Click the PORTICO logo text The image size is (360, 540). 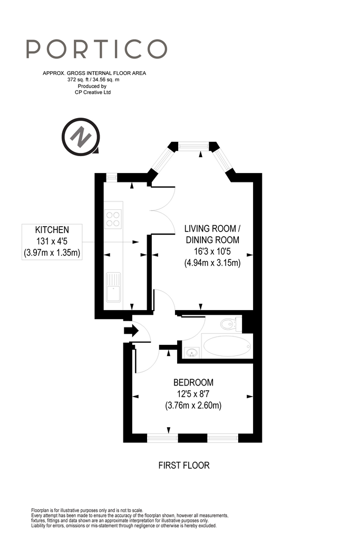(96, 49)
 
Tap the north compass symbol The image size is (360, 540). (81, 137)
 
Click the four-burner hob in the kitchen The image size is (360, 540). (113, 219)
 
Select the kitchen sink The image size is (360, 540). (113, 287)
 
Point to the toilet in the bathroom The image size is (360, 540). (231, 324)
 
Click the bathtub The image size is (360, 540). (227, 346)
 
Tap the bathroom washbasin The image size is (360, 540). (192, 352)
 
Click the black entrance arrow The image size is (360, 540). (131, 331)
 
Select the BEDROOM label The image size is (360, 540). (193, 382)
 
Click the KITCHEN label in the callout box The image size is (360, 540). (52, 230)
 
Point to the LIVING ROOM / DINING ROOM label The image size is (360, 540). (212, 234)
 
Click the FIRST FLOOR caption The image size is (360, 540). (184, 465)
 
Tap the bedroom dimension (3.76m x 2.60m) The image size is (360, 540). (193, 406)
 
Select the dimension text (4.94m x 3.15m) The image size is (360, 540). (212, 263)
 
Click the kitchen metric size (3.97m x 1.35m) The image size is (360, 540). (52, 253)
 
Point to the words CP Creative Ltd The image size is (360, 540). (93, 92)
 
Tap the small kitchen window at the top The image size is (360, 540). (111, 177)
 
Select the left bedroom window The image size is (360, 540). (162, 438)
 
